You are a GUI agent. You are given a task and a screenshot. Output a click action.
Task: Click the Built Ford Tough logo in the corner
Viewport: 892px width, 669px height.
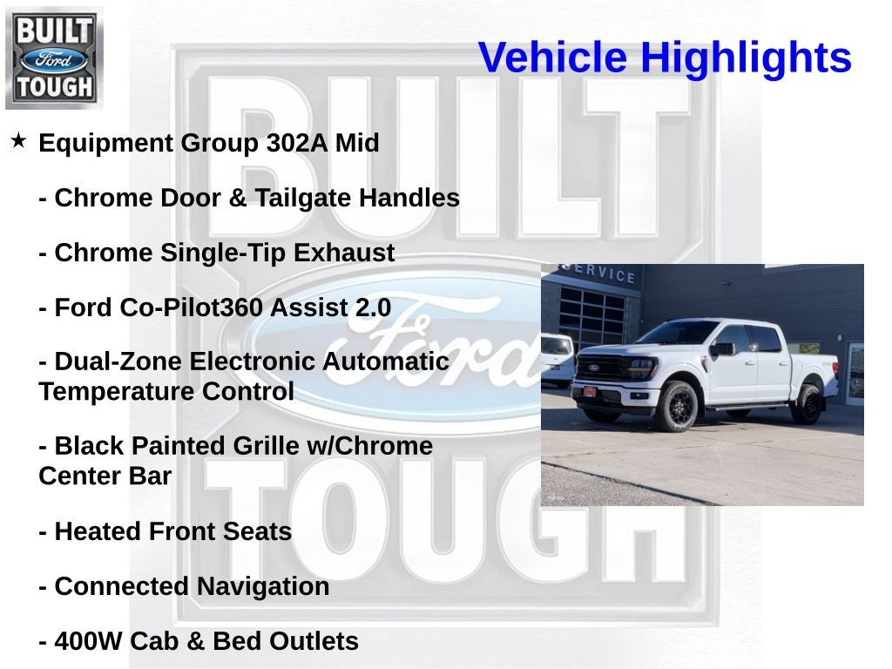pos(54,57)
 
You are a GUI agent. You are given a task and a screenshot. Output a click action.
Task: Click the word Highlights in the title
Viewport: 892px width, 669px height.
pos(746,58)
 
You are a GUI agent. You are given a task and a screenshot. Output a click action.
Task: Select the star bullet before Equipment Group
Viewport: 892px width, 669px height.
pos(18,140)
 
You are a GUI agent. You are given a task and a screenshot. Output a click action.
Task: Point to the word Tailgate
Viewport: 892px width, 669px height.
pos(303,198)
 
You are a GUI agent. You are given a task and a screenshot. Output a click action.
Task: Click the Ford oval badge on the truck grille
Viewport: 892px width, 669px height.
pos(593,368)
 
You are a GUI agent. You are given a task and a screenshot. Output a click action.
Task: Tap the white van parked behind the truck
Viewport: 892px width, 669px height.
pos(557,357)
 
